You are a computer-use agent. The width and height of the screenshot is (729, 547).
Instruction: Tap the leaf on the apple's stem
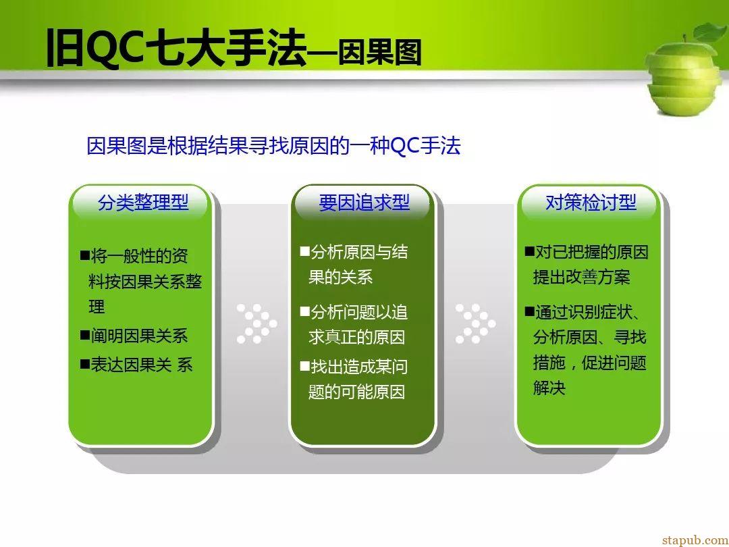point(710,32)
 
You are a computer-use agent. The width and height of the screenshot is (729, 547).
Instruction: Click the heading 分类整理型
point(143,203)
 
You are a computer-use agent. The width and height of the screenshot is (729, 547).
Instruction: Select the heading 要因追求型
point(364,203)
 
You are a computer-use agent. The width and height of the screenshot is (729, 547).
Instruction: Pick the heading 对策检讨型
point(591,203)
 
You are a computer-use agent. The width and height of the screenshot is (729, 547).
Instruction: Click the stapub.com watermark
point(695,540)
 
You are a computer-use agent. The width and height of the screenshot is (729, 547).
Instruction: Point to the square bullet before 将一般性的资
point(85,255)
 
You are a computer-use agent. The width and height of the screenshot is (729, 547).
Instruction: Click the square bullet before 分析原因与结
point(305,252)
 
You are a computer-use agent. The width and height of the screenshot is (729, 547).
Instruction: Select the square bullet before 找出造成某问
point(305,366)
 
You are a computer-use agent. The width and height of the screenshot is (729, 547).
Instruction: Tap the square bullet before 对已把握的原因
point(530,252)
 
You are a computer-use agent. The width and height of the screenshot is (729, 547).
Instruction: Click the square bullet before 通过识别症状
point(530,311)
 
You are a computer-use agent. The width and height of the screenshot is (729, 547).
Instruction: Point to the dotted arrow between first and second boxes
point(257,323)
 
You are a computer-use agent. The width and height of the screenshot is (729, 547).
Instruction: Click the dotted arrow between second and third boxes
point(476,323)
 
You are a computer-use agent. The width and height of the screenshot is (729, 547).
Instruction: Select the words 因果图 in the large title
point(379,52)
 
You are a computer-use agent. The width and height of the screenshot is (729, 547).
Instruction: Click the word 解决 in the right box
point(549,388)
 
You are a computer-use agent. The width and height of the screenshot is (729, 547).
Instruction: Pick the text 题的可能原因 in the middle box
point(356,392)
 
